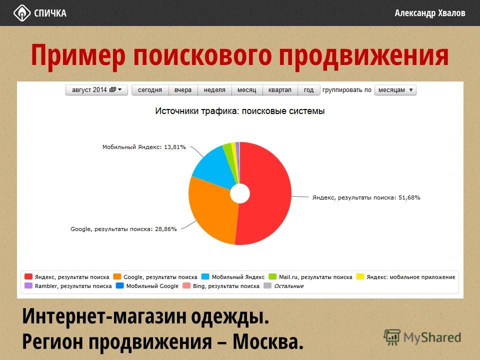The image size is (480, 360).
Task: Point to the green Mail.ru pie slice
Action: click(229, 153)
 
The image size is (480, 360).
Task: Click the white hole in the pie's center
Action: click(240, 193)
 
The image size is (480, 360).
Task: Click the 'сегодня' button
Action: click(150, 90)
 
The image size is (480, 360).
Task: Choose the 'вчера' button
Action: click(183, 90)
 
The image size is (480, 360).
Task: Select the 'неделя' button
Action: click(214, 90)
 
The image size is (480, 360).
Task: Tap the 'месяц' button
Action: click(246, 90)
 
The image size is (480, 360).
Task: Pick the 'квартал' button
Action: click(280, 90)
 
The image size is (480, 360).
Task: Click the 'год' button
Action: click(308, 90)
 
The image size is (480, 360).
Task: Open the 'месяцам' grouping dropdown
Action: click(395, 90)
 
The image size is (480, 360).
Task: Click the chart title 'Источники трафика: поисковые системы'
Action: click(240, 111)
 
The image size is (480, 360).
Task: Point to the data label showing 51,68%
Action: click(366, 197)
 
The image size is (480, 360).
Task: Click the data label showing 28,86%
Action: click(123, 229)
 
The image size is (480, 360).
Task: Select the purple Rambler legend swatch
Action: click(28, 285)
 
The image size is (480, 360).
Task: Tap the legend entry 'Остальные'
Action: click(289, 286)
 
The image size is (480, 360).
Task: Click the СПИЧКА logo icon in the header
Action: click(21, 13)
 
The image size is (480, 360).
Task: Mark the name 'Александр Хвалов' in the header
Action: click(430, 13)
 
